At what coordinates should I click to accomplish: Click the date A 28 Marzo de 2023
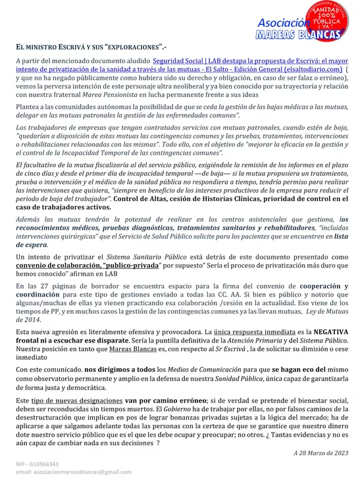[x=321, y=453]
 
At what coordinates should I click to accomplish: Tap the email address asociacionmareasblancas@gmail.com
[x=74, y=472]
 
